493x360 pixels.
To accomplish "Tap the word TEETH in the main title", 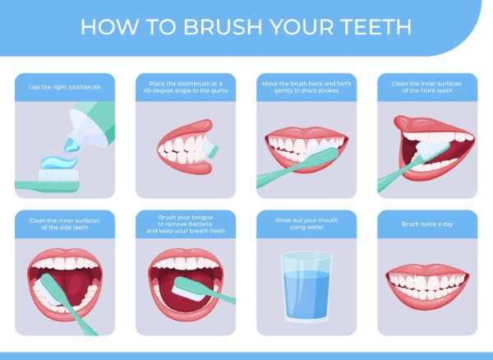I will point(371,26).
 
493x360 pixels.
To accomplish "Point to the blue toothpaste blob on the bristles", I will point(58,164).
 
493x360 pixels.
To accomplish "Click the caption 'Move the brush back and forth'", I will point(306,87).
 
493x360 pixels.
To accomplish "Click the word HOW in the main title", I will point(104,26).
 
